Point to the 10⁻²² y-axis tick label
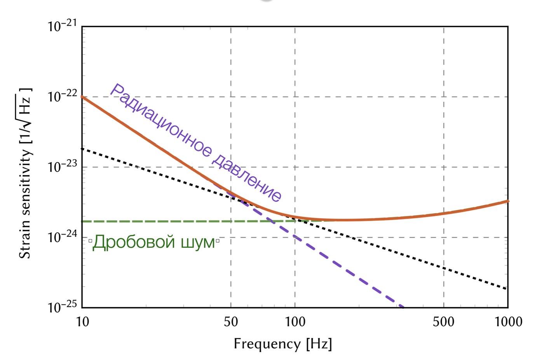(62, 97)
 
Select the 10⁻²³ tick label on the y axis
(62, 167)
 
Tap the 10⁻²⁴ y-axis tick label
(62, 237)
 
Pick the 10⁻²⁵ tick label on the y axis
(62, 308)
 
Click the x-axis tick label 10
(82, 322)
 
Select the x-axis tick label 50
(231, 322)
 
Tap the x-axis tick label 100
(295, 322)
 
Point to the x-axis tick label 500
(444, 322)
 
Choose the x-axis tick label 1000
(508, 322)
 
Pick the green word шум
(198, 242)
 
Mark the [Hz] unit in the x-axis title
(319, 344)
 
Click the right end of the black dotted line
(506, 289)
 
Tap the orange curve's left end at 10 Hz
(83, 97)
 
